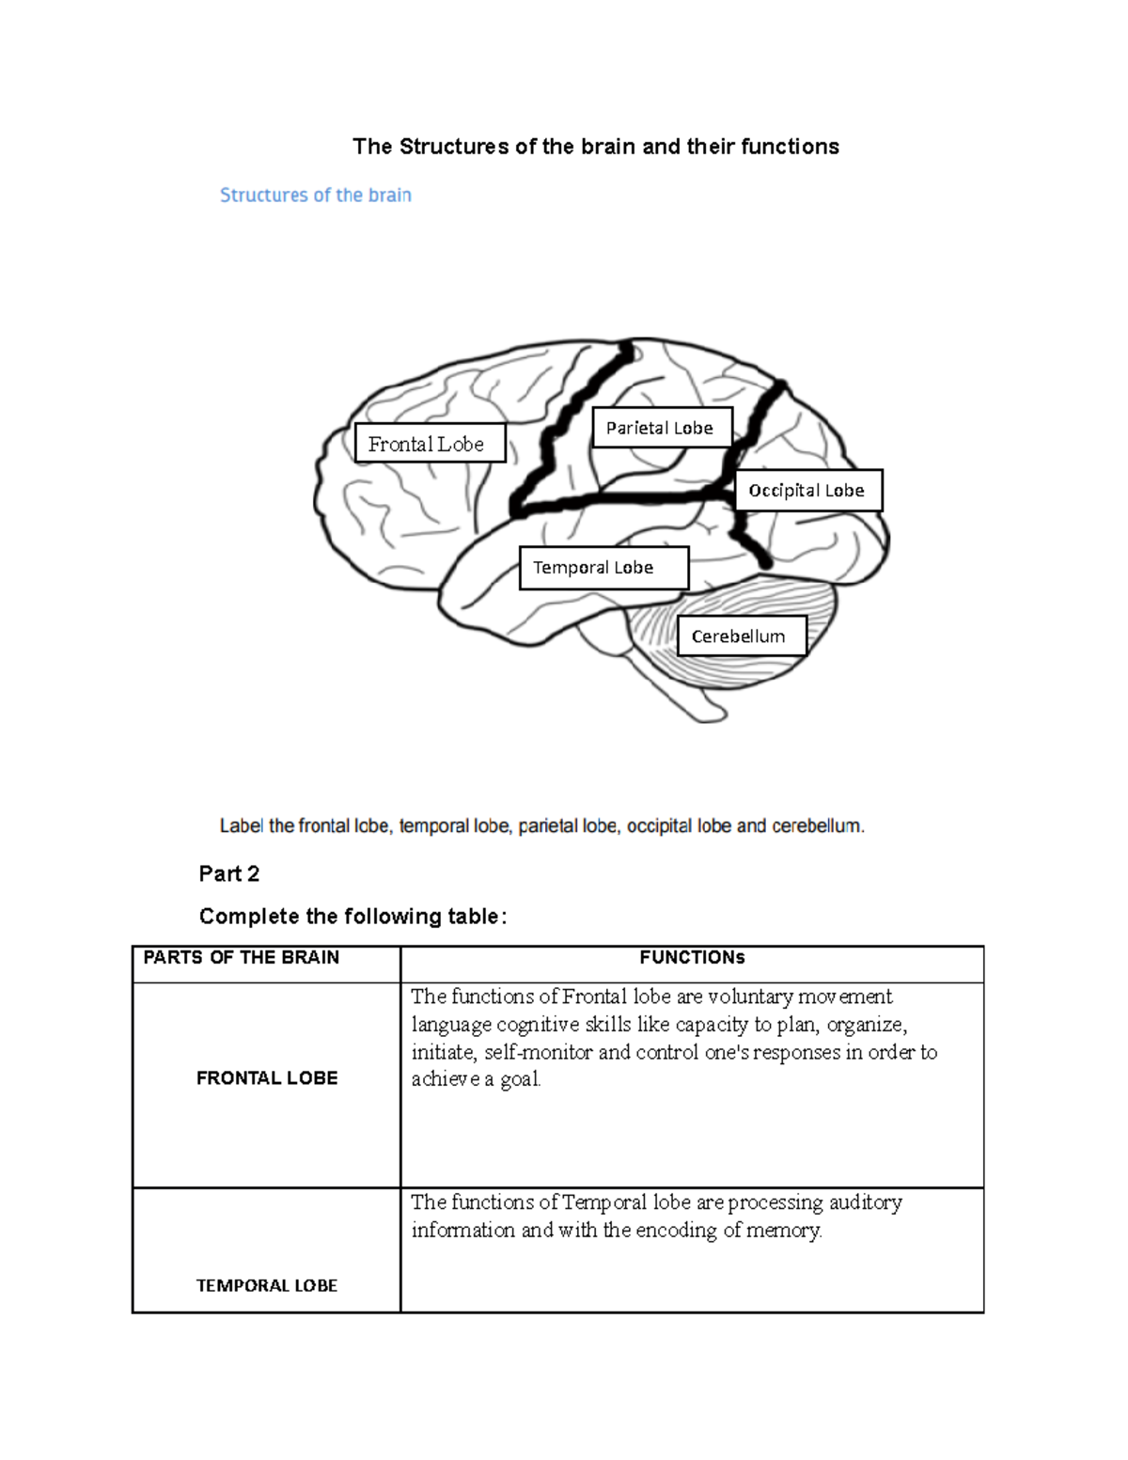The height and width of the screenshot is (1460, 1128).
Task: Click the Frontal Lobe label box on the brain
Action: [430, 443]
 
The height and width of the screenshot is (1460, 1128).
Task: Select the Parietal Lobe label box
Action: [661, 428]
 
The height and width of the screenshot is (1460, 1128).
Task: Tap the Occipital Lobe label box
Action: [807, 490]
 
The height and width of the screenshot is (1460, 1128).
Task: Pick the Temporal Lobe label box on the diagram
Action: [603, 568]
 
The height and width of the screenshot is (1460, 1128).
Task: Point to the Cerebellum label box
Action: [741, 636]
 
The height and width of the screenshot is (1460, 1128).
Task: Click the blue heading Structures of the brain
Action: [315, 196]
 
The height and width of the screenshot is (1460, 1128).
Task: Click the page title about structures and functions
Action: [596, 147]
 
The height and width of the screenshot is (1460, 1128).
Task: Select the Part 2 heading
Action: [228, 873]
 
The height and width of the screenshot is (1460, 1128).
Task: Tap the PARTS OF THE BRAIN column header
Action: [241, 957]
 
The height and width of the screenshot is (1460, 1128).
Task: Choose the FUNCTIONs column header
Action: [692, 957]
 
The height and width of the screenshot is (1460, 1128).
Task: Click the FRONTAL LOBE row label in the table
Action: [267, 1078]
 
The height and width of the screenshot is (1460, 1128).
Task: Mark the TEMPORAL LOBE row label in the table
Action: [267, 1285]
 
